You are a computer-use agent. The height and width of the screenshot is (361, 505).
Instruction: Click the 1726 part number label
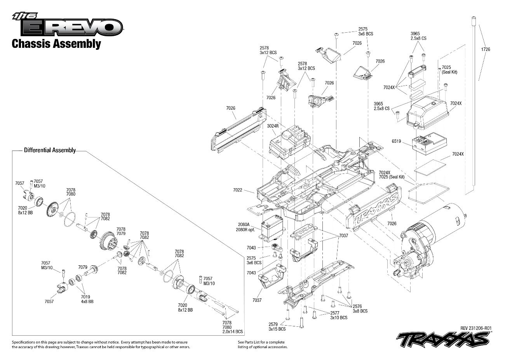pyautogui.click(x=485, y=49)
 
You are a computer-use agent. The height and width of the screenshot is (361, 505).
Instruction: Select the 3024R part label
pyautogui.click(x=273, y=126)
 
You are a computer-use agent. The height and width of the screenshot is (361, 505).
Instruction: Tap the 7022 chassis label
pyautogui.click(x=238, y=190)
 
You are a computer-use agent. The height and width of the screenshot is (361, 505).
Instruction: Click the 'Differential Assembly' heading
pyautogui.click(x=49, y=150)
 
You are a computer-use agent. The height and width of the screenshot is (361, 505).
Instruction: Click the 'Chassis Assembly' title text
pyautogui.click(x=56, y=44)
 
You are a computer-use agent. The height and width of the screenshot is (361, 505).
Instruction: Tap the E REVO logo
pyautogui.click(x=68, y=26)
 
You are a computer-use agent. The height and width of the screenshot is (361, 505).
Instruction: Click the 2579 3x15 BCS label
pyautogui.click(x=277, y=326)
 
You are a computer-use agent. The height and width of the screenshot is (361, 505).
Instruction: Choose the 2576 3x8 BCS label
pyautogui.click(x=360, y=308)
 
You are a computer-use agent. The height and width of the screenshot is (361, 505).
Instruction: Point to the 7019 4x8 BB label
pyautogui.click(x=85, y=299)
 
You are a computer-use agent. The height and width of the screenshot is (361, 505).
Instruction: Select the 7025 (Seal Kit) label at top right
pyautogui.click(x=449, y=70)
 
